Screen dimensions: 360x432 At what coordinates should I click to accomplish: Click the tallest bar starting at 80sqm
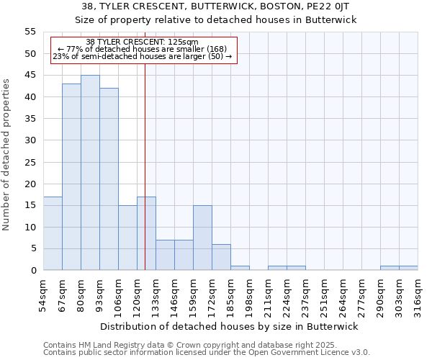click(x=90, y=173)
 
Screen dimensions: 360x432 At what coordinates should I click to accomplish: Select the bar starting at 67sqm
click(x=71, y=177)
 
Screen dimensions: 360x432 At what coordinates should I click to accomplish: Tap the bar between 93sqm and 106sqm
click(x=109, y=179)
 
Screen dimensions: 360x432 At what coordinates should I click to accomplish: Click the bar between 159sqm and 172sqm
click(x=202, y=238)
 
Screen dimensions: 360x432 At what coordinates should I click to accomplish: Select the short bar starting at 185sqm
click(x=240, y=268)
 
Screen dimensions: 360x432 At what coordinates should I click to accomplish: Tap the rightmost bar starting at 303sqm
click(x=408, y=268)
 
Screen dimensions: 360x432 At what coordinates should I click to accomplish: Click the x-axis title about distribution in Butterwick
click(x=228, y=326)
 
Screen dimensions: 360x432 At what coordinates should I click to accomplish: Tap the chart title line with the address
click(x=216, y=6)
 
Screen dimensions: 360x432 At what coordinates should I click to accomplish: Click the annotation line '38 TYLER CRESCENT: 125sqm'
click(x=142, y=42)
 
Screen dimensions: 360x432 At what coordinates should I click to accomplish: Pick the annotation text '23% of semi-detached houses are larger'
click(x=143, y=56)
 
